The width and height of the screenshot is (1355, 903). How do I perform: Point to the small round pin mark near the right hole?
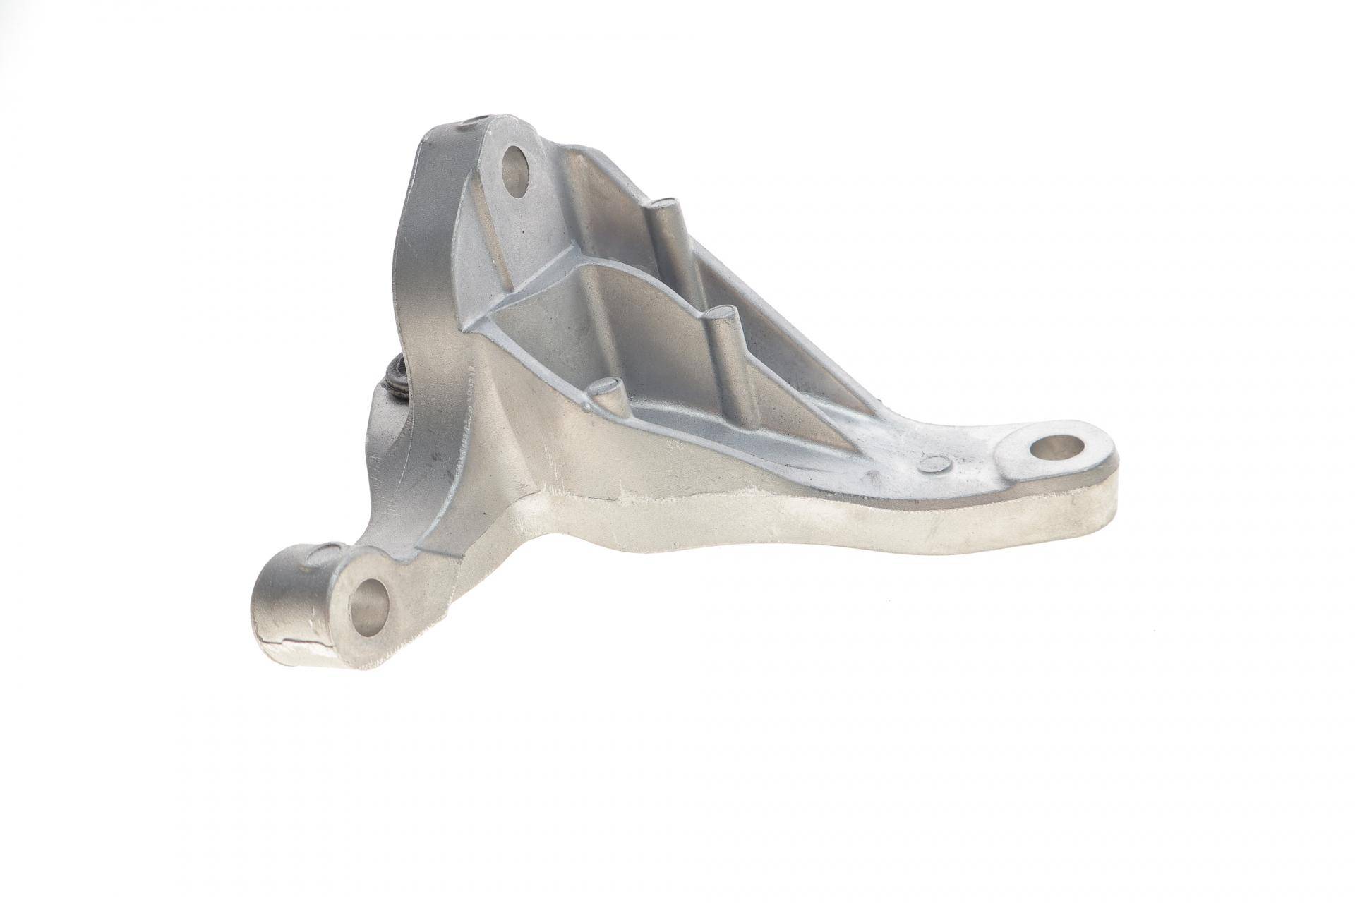coord(937,463)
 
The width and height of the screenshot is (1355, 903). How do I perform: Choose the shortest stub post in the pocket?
coord(605,385)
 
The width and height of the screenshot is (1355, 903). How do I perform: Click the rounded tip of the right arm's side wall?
coord(1122,494)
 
